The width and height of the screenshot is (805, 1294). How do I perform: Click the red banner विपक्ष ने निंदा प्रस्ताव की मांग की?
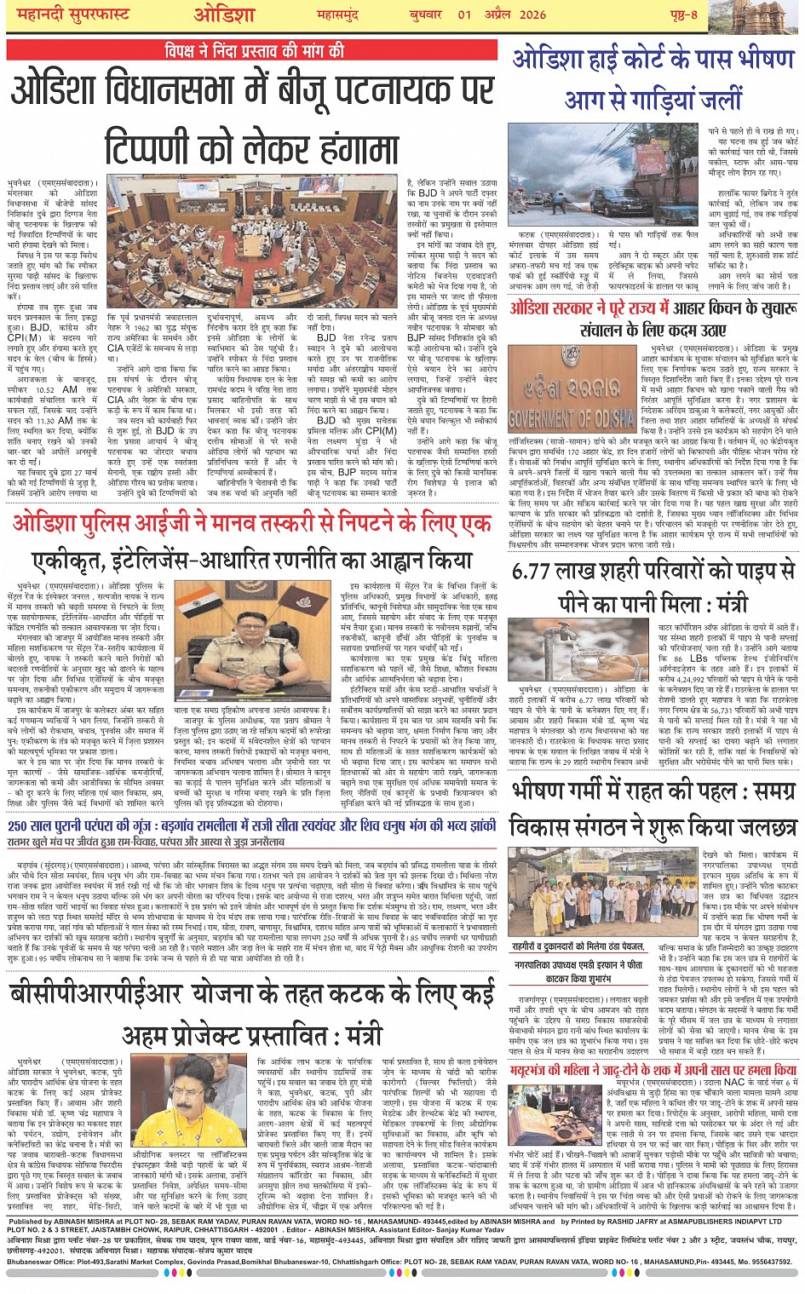pos(256,51)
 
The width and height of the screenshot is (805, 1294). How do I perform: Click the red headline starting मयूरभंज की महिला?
pos(653,1070)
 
